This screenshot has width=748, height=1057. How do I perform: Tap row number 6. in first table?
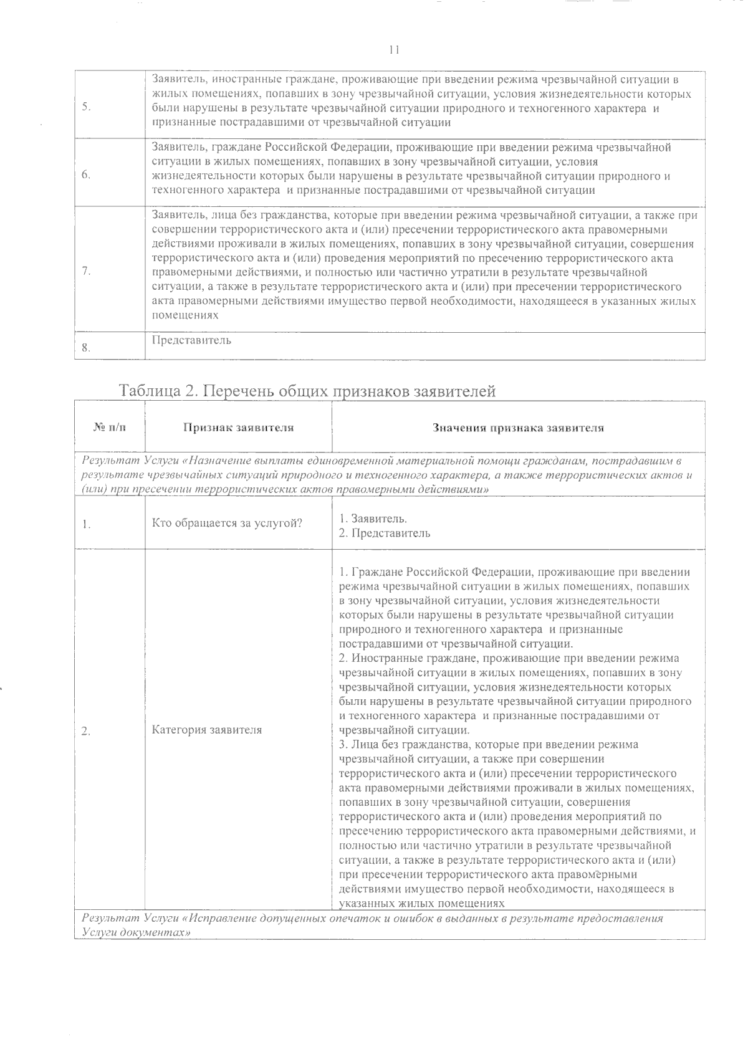coord(86,176)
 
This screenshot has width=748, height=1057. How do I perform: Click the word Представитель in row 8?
coord(191,340)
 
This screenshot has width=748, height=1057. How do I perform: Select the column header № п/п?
coord(109,428)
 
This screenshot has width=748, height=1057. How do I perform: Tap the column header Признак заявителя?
coord(238,428)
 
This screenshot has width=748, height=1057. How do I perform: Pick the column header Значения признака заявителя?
coord(518,428)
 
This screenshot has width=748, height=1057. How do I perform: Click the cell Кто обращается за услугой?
coord(227,524)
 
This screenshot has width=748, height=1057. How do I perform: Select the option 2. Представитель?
coord(384,533)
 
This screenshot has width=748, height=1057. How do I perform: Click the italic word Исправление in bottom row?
coord(221,919)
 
